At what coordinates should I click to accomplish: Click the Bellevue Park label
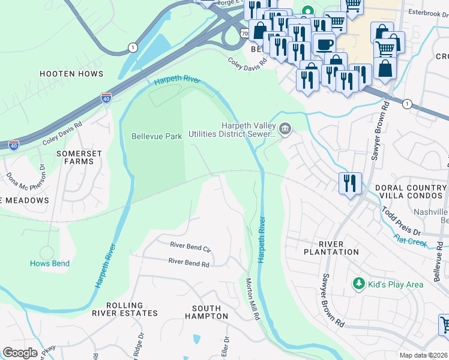coord(157,137)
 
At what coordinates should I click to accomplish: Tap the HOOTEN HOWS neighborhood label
coord(71,74)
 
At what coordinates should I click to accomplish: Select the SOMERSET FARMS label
coord(79,157)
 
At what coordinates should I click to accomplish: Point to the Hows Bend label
coord(50,263)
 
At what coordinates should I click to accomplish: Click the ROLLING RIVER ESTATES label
coord(125,309)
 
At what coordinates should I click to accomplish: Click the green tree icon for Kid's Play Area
coord(358,283)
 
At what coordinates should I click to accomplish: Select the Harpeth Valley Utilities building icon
coord(285,128)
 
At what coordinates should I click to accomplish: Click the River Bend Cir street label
coord(191,245)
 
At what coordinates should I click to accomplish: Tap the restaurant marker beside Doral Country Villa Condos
coord(350,182)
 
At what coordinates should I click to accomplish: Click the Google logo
coord(20,353)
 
